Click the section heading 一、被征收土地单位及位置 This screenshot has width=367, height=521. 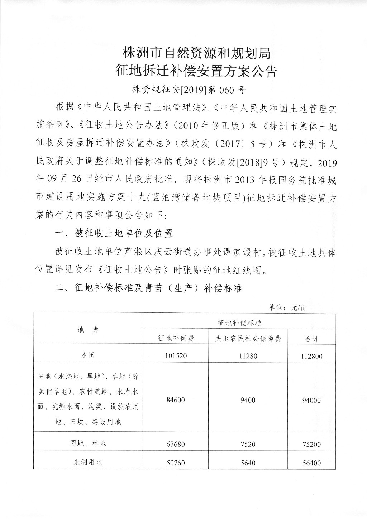tap(114, 234)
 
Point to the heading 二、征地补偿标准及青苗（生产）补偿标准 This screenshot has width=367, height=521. tap(148, 288)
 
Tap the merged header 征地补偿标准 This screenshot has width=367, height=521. tap(239, 322)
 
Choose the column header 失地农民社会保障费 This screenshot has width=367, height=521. tap(248, 339)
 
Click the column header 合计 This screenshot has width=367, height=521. tap(312, 339)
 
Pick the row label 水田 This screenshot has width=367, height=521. tap(88, 355)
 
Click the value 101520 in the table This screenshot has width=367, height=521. tap(176, 356)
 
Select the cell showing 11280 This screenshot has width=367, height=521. tap(248, 356)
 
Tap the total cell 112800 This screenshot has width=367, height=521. tap(312, 356)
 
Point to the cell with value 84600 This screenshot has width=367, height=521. tap(176, 400)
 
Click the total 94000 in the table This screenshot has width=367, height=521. tap(312, 400)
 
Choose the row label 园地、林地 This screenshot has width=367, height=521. tap(88, 444)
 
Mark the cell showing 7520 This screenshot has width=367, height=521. tap(248, 444)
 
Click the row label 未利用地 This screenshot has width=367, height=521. tap(88, 462)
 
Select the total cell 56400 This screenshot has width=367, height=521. tap(312, 463)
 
